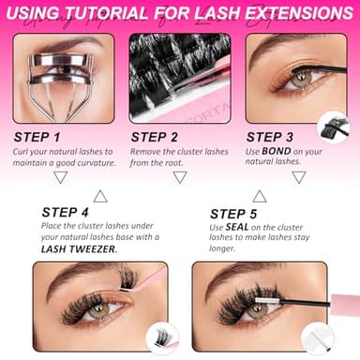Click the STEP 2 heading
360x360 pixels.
click(x=157, y=137)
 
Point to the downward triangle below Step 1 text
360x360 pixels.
click(x=60, y=176)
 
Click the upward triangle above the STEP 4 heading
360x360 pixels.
click(x=100, y=195)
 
